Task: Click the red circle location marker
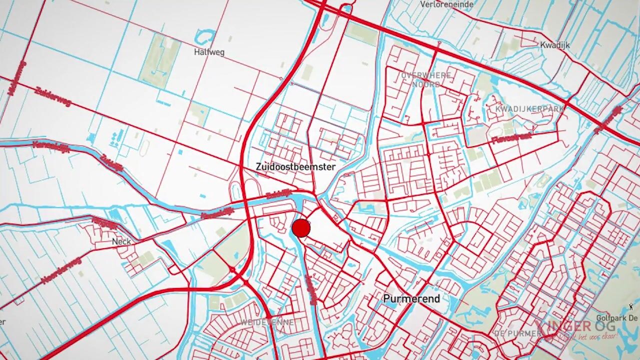301,228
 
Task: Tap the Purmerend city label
411,298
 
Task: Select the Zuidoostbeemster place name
295,166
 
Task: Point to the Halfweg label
209,52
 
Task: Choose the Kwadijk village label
554,44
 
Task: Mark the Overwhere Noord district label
425,79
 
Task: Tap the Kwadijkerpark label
529,108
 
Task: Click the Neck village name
121,241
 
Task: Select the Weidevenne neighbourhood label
267,322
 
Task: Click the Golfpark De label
617,318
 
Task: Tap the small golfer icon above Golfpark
631,306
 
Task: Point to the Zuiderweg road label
53,96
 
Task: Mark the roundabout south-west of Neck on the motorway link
232,270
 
